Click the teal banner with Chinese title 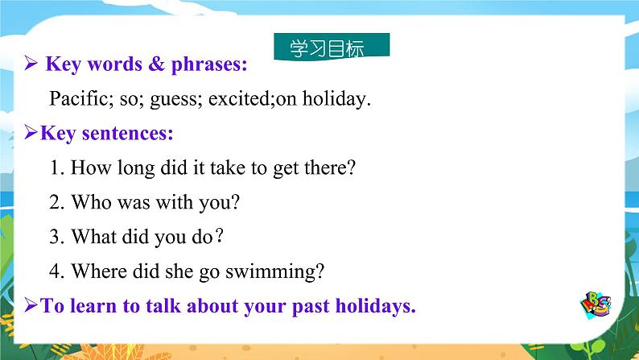(x=332, y=47)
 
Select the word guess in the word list (x=176, y=100)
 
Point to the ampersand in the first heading (x=156, y=64)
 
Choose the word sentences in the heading (x=127, y=134)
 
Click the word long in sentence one (x=136, y=169)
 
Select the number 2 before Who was (x=56, y=202)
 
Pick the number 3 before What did (x=56, y=237)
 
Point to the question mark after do (x=219, y=236)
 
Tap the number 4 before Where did (x=56, y=271)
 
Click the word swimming (x=274, y=272)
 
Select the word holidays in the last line (x=375, y=306)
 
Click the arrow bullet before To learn (x=31, y=305)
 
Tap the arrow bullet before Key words (x=31, y=63)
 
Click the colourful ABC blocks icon (x=596, y=304)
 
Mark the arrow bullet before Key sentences (x=31, y=132)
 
